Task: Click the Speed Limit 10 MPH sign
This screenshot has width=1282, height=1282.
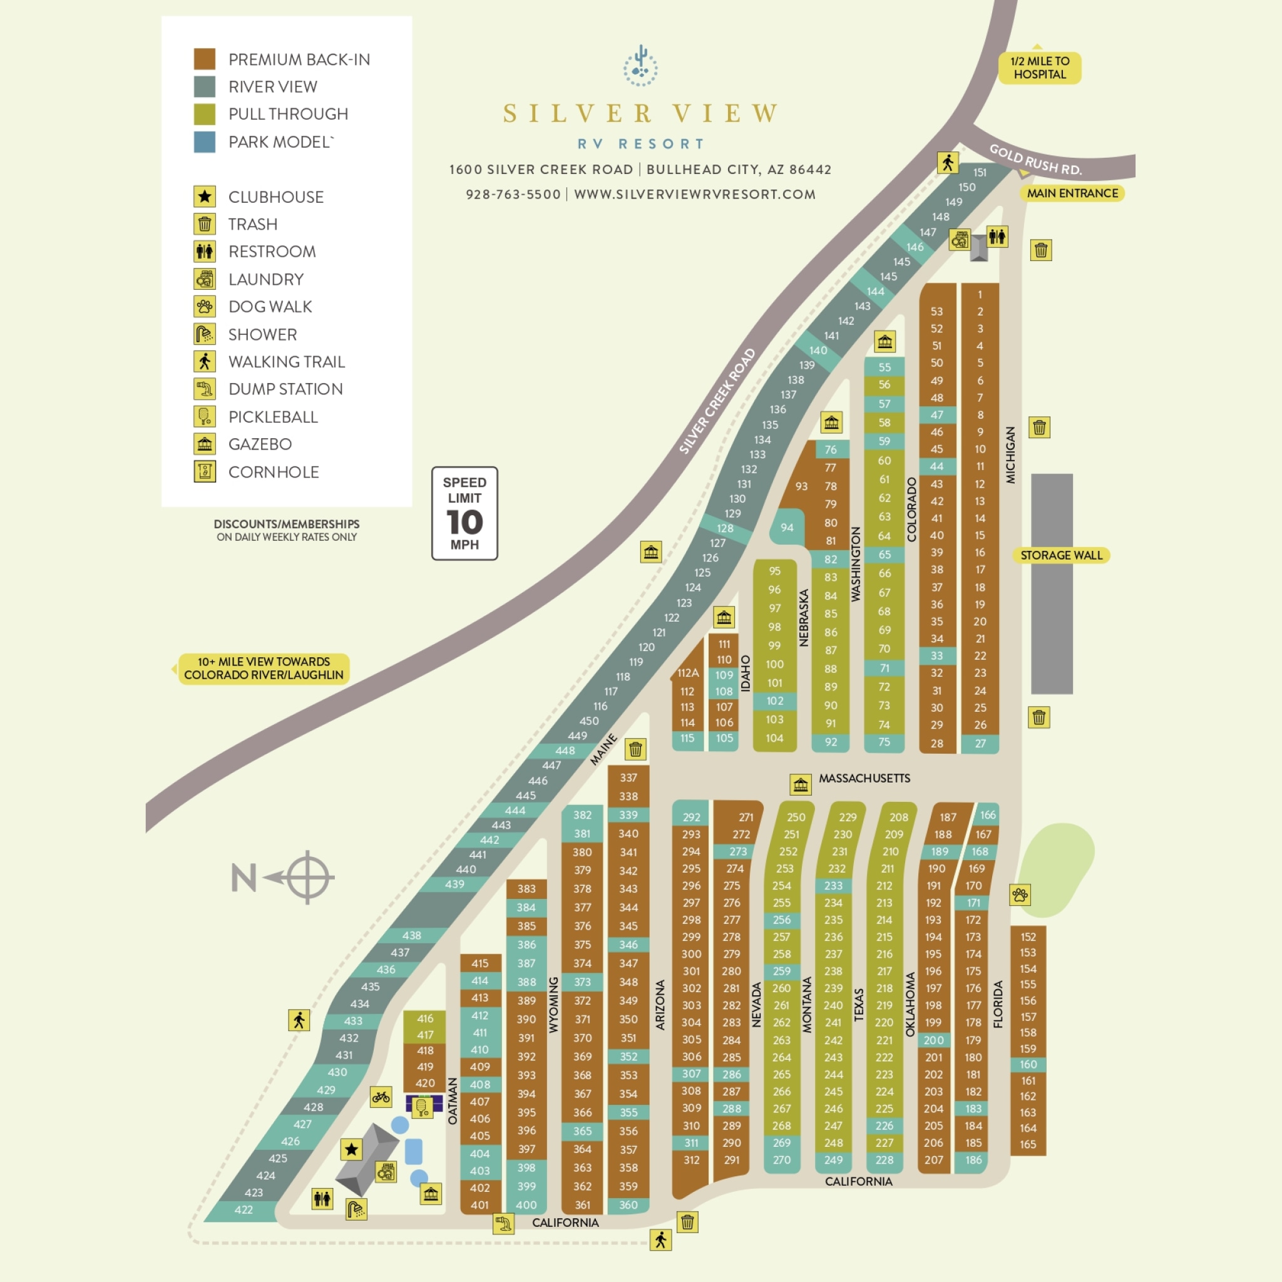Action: coord(464,513)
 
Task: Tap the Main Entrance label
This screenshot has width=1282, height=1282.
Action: coord(1072,193)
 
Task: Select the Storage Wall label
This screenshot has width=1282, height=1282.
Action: coord(1060,555)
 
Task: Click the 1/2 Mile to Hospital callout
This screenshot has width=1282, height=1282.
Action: coord(1040,68)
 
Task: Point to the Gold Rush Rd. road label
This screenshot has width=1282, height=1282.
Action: coord(1035,160)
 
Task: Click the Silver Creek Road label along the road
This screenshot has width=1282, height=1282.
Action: coord(717,401)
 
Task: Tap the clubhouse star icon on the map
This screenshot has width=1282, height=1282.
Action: coord(352,1149)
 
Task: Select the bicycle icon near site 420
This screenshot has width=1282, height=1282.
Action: coord(381,1097)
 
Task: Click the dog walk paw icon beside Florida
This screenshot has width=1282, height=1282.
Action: coord(1020,895)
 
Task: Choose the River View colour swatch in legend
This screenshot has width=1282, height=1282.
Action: coord(204,86)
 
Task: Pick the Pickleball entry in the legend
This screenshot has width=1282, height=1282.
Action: coord(273,417)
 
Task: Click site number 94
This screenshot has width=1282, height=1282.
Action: coord(786,528)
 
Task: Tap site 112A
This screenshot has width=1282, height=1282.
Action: coord(688,673)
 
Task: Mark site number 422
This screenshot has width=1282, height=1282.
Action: coord(244,1209)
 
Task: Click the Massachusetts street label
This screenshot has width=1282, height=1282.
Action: coord(864,778)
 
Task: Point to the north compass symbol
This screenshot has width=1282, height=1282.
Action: coord(307,877)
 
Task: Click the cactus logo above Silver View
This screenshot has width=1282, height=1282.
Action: coord(640,66)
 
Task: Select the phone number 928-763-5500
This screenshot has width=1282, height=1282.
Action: coord(513,195)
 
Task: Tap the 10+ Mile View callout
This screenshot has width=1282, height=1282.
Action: coord(264,668)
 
